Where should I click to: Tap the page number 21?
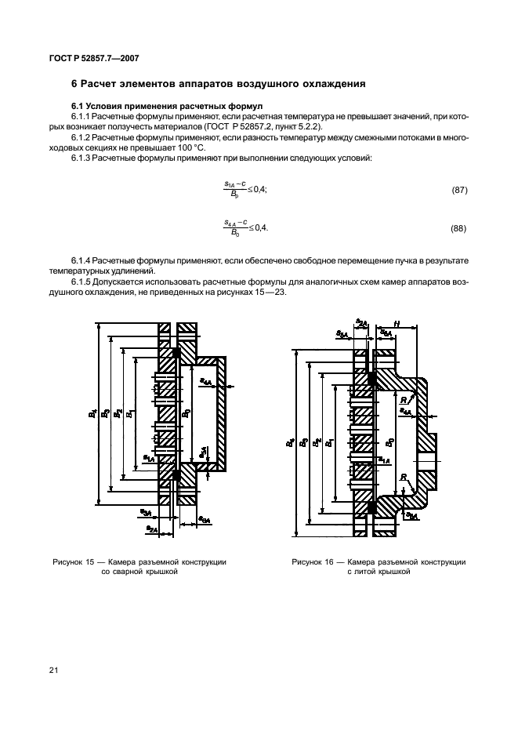point(53,670)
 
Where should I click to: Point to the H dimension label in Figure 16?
point(397,324)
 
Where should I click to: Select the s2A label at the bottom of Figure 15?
point(151,530)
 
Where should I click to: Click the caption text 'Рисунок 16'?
point(313,562)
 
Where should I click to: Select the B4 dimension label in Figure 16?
point(290,443)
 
